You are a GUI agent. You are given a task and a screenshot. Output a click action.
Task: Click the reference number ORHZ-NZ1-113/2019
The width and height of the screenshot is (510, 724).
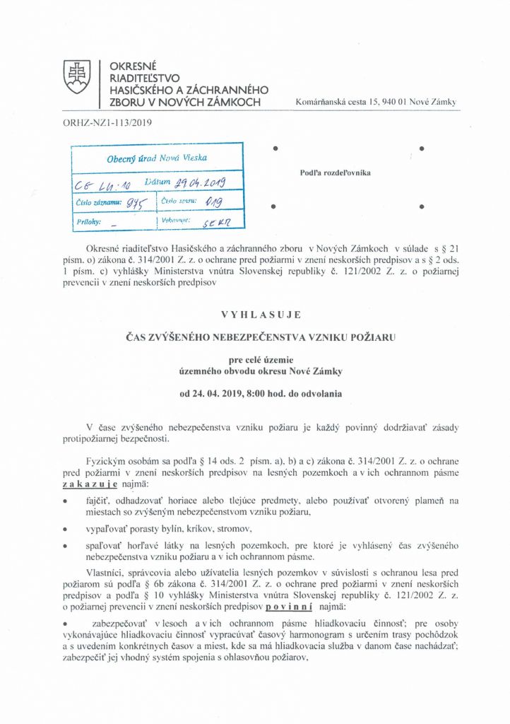(x=102, y=122)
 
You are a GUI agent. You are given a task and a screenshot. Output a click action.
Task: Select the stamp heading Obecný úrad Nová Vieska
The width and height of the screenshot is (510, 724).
(x=157, y=159)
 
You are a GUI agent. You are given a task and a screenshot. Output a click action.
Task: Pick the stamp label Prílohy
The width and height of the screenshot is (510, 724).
(x=88, y=222)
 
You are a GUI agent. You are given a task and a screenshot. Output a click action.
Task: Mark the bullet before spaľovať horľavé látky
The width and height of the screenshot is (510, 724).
(x=65, y=546)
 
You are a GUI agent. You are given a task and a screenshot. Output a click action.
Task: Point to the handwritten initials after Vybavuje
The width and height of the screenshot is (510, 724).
(x=209, y=222)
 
